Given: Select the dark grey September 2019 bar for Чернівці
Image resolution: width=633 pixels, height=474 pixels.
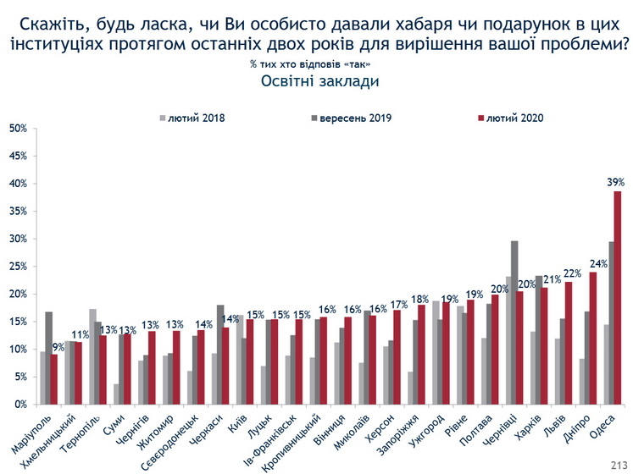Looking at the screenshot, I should (514, 322).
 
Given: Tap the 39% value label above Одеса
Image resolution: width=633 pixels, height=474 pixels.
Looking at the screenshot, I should (616, 182).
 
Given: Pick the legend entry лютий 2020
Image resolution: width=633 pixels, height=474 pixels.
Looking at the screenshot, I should (514, 118).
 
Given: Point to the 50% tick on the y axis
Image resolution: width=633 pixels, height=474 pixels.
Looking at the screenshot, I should (18, 129).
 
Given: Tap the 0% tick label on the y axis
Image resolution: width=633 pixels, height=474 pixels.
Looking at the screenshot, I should (20, 405).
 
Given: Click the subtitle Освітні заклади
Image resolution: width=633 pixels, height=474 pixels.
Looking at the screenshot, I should (316, 82).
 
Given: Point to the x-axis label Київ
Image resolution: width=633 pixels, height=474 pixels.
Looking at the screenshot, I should (234, 422).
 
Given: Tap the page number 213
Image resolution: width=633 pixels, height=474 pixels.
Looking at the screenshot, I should (619, 464).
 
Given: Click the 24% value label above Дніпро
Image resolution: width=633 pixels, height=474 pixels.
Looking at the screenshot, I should (598, 263).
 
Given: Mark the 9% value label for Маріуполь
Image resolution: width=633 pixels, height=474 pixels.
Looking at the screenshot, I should (58, 347).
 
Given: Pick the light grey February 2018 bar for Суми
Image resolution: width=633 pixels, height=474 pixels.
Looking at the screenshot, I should (115, 394).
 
